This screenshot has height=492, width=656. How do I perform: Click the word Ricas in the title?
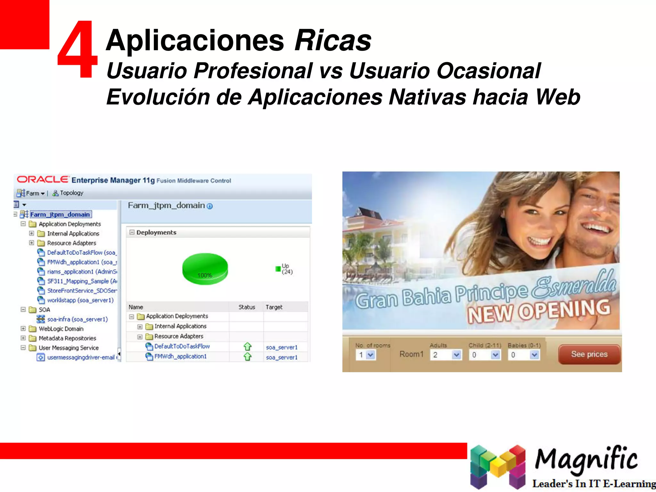(x=333, y=40)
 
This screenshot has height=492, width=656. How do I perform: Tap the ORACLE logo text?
(x=43, y=179)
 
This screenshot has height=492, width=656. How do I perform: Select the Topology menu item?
(x=71, y=193)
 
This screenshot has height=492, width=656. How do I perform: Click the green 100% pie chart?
(x=205, y=268)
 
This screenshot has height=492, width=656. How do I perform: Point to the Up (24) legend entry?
(x=285, y=269)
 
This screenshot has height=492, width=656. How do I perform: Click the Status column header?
(x=247, y=307)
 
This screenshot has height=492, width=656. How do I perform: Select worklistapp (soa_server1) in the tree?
(x=80, y=300)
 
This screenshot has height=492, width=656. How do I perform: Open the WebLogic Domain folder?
(x=61, y=329)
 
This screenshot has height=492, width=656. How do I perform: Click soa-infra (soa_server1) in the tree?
(x=77, y=319)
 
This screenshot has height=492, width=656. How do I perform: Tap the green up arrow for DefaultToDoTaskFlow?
(x=248, y=347)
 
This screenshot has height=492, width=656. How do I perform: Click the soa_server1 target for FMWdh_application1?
(x=282, y=357)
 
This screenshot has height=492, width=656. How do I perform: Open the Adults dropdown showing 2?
(x=447, y=355)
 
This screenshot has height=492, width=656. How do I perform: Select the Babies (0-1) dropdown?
(x=524, y=355)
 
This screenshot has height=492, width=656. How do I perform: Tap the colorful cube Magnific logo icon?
(x=498, y=466)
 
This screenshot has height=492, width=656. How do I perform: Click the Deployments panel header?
(x=156, y=232)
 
